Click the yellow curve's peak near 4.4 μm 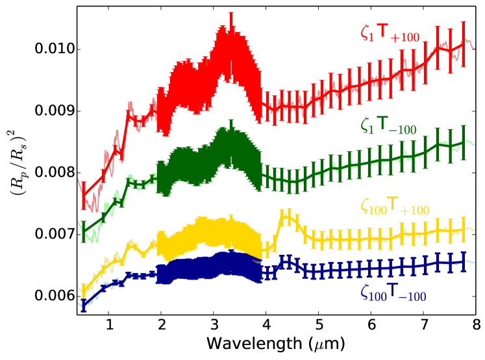click(x=285, y=217)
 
